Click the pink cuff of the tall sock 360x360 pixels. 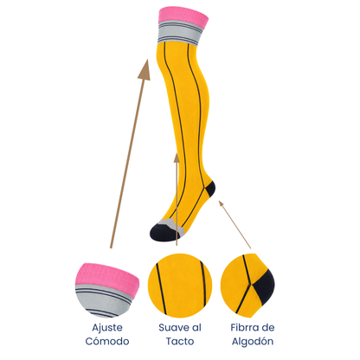pos(183,16)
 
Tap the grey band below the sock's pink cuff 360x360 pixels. pos(179,33)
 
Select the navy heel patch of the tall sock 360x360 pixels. pos(209,190)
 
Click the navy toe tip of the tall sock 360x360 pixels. pos(162,233)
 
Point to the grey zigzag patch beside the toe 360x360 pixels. pos(172,226)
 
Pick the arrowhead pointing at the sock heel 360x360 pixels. pos(222,203)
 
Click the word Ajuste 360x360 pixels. pos(107,328)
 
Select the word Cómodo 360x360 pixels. pos(107,341)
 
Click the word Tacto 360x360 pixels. pos(180,341)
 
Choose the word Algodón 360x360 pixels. pos(253,342)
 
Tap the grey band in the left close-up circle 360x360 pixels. pos(104,300)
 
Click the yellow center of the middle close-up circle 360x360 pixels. pos(180,286)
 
